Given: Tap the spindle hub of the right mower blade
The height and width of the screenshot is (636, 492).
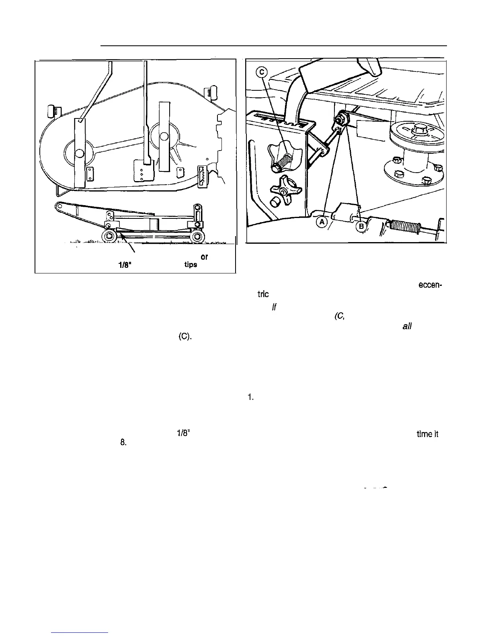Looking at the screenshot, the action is tap(164, 136).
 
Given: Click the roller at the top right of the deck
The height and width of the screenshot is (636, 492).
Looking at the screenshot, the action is tap(210, 92).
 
